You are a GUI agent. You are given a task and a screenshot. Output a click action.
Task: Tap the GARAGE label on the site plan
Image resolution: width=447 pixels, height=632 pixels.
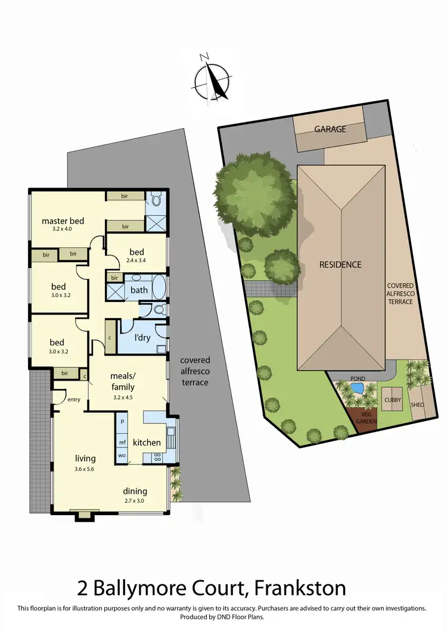point(330,129)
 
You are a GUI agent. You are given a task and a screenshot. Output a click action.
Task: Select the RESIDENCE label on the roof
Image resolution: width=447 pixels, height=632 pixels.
point(340,264)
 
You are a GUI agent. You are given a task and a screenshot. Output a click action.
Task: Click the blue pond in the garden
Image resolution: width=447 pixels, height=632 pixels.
point(357,389)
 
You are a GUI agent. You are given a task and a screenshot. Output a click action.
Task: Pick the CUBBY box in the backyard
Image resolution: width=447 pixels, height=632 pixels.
point(393,400)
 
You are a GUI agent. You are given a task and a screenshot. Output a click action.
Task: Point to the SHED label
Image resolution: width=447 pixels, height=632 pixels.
point(417,404)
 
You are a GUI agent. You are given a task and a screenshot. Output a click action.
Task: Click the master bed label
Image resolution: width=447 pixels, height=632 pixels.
point(63,221)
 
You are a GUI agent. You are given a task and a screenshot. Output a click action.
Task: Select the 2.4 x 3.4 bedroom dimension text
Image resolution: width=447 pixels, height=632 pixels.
point(139,259)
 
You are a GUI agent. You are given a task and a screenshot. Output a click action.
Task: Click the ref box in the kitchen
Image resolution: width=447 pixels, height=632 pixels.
point(122,442)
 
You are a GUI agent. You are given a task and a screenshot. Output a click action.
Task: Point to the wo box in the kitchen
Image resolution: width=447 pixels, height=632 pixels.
point(122,456)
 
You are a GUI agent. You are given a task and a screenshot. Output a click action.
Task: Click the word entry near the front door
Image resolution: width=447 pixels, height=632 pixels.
point(74,400)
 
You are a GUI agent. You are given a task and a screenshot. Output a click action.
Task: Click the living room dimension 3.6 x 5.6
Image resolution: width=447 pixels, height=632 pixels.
point(85,468)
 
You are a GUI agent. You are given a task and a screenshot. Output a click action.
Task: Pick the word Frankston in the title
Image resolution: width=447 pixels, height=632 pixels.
point(299,589)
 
